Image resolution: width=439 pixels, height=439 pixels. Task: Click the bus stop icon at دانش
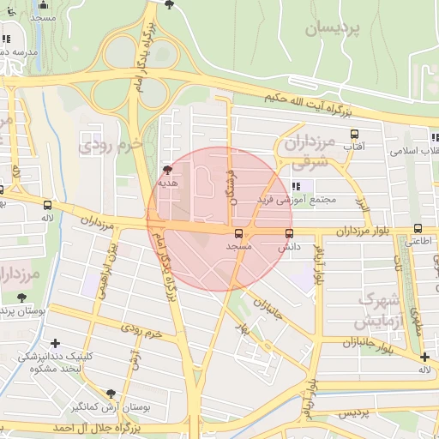coord(288,232)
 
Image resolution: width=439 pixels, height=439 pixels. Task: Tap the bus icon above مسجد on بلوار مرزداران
coord(238,232)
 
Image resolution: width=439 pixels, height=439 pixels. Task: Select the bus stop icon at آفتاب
coord(354,134)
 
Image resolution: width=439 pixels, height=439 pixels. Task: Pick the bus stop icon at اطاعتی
coord(418,228)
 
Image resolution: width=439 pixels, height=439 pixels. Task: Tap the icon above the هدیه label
coord(166,170)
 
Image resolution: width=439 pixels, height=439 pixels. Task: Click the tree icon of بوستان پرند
coord(21,298)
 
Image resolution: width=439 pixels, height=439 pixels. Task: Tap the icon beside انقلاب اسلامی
coord(434,136)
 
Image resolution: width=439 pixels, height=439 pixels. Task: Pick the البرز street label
coord(364,204)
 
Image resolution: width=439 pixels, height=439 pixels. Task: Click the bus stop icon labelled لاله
coord(46,206)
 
